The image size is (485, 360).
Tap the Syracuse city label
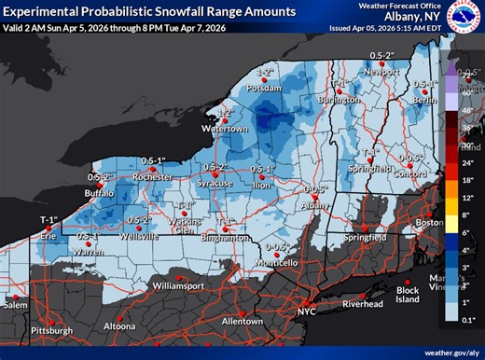(215, 184)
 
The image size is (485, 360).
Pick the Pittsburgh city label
(50, 330)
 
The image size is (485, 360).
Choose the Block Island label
(408, 295)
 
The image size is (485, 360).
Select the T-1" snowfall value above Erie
(48, 219)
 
